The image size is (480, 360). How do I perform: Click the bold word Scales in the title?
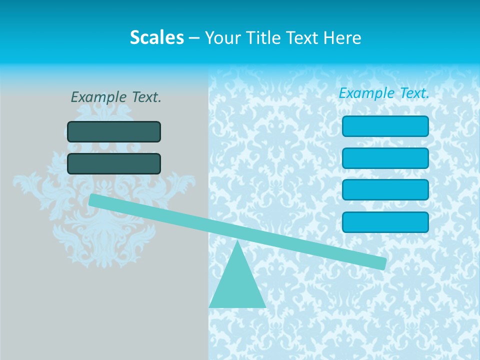[x=156, y=37]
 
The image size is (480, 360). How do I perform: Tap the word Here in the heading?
[x=342, y=37]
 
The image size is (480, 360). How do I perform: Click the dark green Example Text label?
[x=116, y=97]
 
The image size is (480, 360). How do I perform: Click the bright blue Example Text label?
[x=384, y=93]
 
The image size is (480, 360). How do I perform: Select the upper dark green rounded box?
[x=114, y=131]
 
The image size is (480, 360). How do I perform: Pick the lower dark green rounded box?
[x=114, y=163]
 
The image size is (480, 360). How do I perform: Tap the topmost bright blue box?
[x=385, y=126]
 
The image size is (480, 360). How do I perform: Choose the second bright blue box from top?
[x=385, y=158]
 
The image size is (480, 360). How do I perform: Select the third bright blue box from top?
[x=385, y=190]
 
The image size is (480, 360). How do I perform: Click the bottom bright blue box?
[x=385, y=222]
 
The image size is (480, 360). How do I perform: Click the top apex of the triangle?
[x=237, y=242]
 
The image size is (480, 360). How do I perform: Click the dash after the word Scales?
[x=194, y=38]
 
